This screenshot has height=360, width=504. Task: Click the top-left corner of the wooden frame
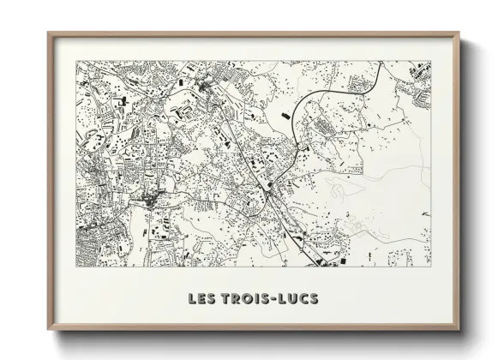click(x=48, y=33)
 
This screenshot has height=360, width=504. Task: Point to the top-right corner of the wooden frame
click(x=459, y=33)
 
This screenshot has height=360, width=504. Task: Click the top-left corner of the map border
click(x=76, y=61)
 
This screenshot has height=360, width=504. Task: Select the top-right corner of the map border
click(x=431, y=61)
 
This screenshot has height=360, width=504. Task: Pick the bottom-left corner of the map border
click(x=76, y=267)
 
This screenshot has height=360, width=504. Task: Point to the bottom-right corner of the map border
click(x=431, y=267)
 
